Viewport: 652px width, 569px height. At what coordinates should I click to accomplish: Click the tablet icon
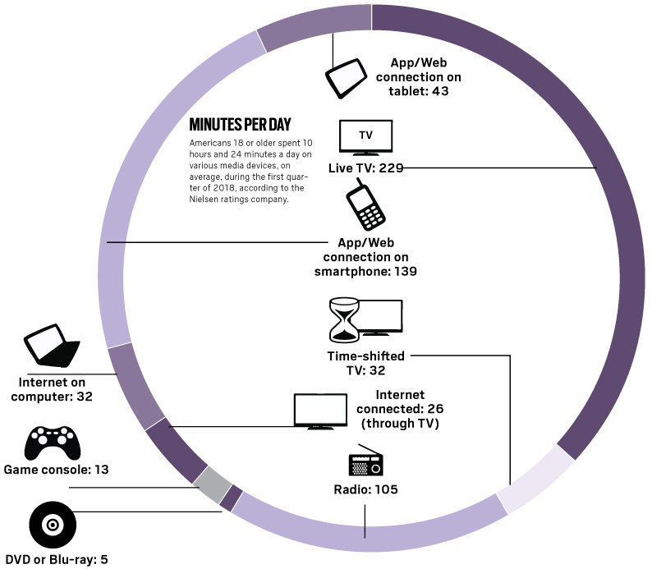[347, 79]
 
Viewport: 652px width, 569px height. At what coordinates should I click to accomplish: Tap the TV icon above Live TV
[366, 136]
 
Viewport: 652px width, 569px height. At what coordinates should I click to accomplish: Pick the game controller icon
[53, 443]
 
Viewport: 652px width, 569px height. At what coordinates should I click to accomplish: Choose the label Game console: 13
[57, 470]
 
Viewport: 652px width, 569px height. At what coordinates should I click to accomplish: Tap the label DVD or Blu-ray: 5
[57, 560]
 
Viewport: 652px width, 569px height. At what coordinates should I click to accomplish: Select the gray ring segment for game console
[209, 484]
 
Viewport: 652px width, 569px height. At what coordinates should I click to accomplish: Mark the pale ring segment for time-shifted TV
[535, 480]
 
